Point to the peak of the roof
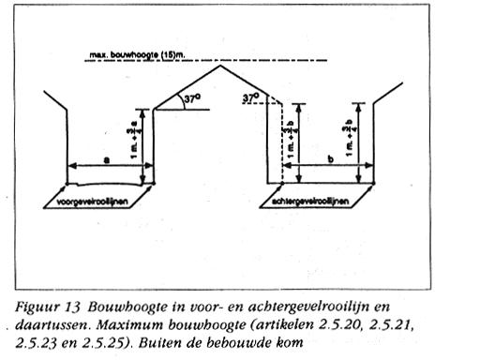coord(221,65)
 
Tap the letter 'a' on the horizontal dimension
coord(104,159)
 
